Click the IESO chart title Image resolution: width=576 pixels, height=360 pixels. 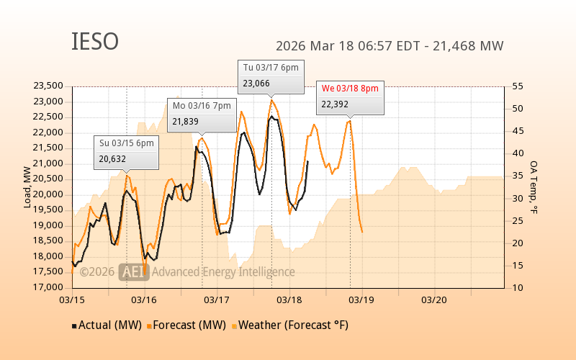pyautogui.click(x=95, y=42)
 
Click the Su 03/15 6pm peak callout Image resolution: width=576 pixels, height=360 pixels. pyautogui.click(x=126, y=151)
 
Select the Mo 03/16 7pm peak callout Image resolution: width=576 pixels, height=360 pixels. pyautogui.click(x=202, y=114)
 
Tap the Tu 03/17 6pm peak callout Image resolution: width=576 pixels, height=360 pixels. pyautogui.click(x=271, y=76)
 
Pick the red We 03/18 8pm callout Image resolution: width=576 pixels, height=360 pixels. pyautogui.click(x=350, y=96)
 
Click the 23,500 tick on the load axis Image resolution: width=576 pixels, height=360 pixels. pyautogui.click(x=48, y=86)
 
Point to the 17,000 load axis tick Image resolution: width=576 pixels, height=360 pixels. pyautogui.click(x=48, y=287)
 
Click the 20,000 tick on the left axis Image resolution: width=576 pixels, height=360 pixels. pyautogui.click(x=48, y=194)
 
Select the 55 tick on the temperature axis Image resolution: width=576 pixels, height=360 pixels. pyautogui.click(x=518, y=86)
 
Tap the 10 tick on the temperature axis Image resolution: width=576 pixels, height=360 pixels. pyautogui.click(x=518, y=287)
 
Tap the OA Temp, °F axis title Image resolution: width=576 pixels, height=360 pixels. pyautogui.click(x=534, y=187)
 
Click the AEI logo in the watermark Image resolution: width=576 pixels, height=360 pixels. pyautogui.click(x=134, y=271)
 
